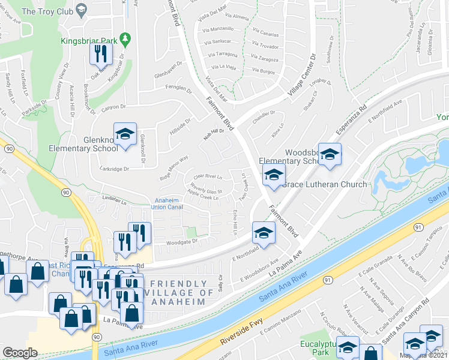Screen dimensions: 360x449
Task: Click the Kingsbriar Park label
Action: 88,41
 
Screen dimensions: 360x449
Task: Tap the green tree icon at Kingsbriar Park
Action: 125,40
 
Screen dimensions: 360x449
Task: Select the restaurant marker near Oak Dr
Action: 100,55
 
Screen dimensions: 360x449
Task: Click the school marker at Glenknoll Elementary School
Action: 125,135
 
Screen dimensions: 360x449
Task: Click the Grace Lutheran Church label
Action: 324,184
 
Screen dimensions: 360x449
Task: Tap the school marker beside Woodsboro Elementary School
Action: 329,155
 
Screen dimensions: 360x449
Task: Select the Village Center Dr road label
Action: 301,76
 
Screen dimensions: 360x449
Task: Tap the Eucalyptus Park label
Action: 318,349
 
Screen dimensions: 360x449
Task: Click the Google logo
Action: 20,352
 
